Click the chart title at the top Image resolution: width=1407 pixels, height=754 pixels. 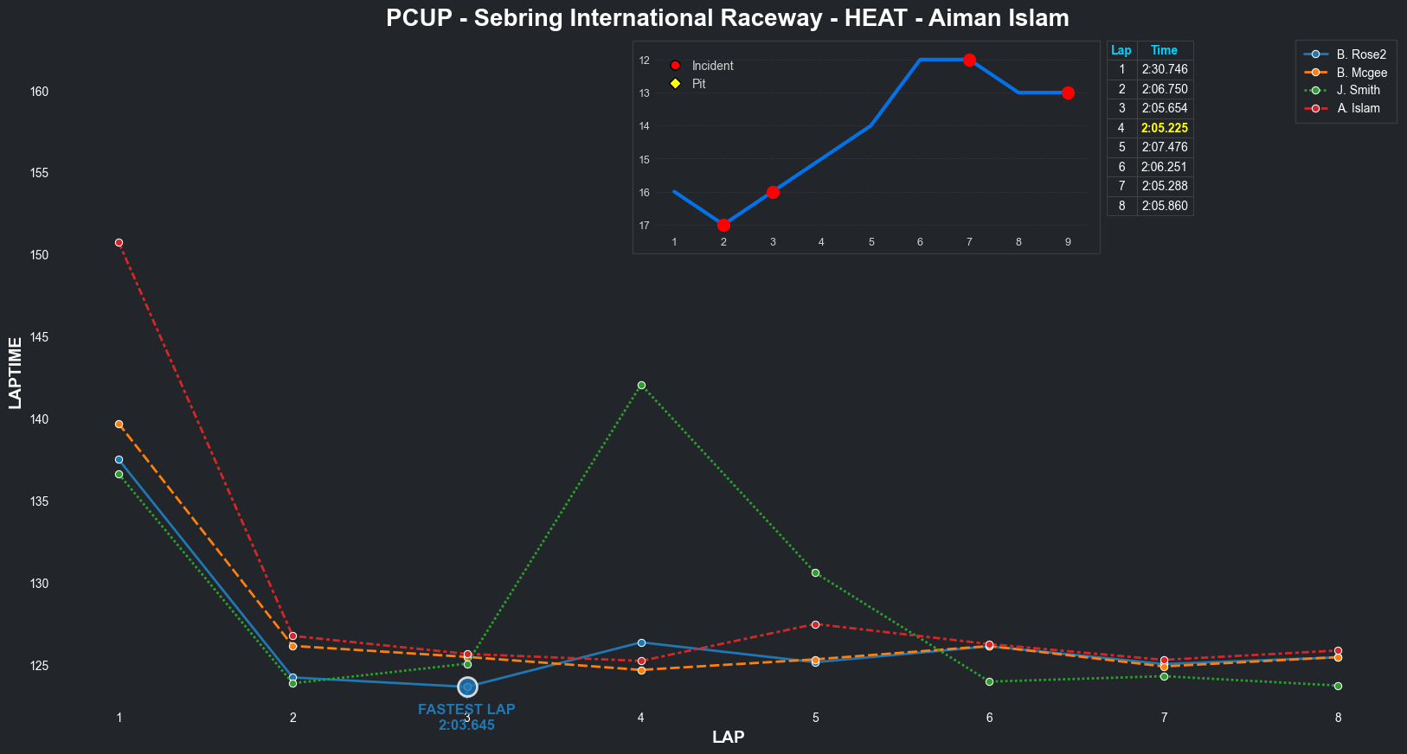[x=727, y=18]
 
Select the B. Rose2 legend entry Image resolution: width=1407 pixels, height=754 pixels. [x=1360, y=54]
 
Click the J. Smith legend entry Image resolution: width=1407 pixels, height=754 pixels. [x=1358, y=90]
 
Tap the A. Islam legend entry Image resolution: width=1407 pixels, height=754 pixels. [x=1358, y=108]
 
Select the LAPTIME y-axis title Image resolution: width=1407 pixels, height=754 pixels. [x=15, y=373]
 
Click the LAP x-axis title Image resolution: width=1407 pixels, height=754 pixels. [x=728, y=738]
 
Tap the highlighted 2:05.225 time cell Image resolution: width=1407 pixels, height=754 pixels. [x=1164, y=128]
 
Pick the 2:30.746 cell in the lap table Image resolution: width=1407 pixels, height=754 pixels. [x=1164, y=69]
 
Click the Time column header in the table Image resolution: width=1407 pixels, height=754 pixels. [x=1164, y=50]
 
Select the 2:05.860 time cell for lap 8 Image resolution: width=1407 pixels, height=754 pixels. [x=1164, y=206]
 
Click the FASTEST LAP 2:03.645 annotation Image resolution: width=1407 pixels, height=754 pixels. [x=466, y=717]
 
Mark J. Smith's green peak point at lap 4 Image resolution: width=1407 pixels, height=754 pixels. [x=641, y=386]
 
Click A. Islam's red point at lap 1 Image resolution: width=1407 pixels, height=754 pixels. [x=119, y=243]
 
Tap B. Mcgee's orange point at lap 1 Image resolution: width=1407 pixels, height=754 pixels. [x=119, y=425]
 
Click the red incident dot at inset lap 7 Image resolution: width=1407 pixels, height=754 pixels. [x=969, y=60]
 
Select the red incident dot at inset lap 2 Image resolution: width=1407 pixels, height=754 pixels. [x=723, y=225]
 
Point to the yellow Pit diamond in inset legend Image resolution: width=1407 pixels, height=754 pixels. [x=675, y=84]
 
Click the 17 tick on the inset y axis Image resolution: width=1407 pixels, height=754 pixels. [x=645, y=226]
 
